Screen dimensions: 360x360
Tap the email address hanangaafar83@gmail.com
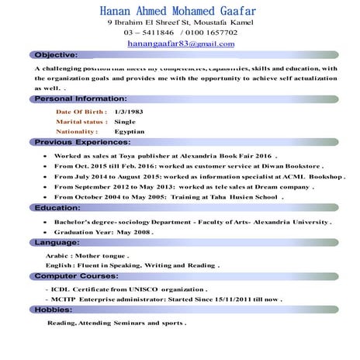pos(181,44)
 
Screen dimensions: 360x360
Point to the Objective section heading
pos(56,55)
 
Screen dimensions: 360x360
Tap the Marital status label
pos(81,122)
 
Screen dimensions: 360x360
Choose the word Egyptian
pos(130,132)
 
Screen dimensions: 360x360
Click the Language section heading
pos(59,242)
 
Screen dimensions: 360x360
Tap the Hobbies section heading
pos(54,309)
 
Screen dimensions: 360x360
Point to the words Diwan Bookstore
pos(289,166)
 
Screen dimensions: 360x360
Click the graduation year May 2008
pos(133,232)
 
